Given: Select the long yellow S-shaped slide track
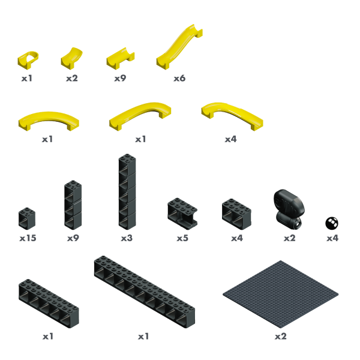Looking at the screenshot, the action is point(179,47).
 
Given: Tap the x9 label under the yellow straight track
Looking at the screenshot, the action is point(121,79).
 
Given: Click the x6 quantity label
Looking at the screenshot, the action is point(179,79).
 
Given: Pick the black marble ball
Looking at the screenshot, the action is point(332,223).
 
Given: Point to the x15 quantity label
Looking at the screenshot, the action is point(28,238).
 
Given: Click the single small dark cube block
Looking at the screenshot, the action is point(27,218).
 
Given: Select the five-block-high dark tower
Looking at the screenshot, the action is point(127,192).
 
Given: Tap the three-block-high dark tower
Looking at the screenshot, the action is point(73,205).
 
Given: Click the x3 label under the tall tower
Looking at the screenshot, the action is point(127,238).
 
